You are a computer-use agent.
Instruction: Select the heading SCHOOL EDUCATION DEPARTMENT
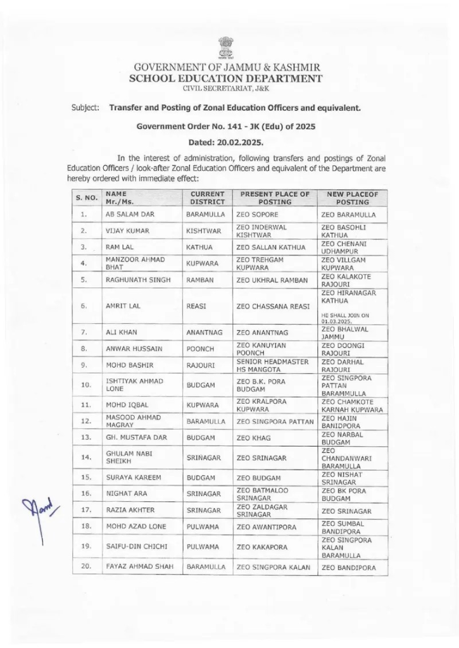coord(226,78)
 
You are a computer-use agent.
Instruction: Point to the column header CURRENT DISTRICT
coord(208,198)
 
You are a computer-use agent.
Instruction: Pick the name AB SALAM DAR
coord(130,215)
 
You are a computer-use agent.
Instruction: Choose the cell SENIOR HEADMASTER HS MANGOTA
coord(272,364)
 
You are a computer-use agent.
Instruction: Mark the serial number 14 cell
coord(84,457)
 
